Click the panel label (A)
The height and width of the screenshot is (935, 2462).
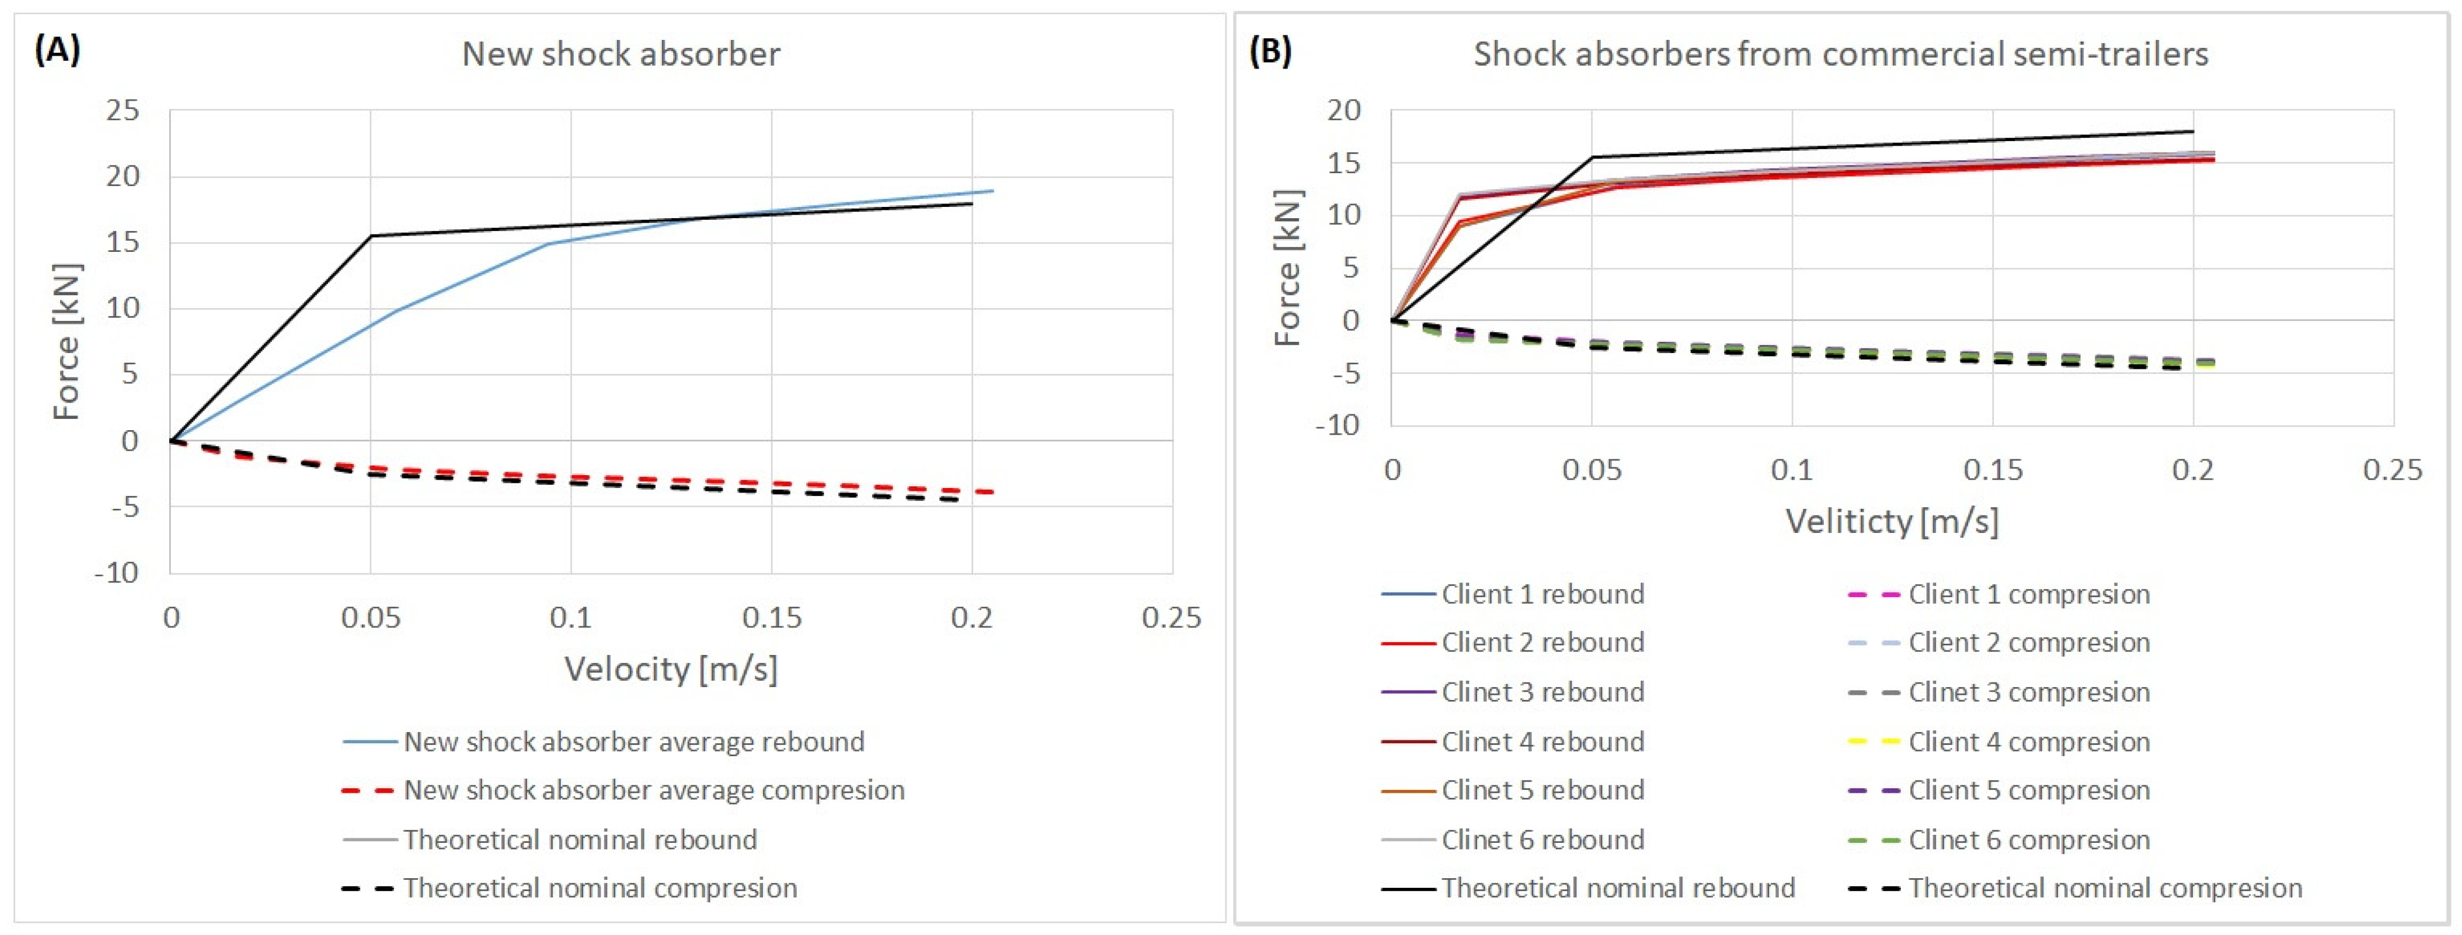[x=57, y=51]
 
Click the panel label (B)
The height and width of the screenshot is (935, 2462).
[x=1270, y=51]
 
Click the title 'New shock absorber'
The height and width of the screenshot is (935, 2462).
[x=621, y=53]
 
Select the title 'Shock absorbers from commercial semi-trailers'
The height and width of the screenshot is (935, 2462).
[x=1841, y=53]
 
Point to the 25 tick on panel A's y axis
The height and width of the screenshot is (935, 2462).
[x=123, y=111]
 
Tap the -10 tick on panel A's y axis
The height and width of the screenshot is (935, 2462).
[x=117, y=573]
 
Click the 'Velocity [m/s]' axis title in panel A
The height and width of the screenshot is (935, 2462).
[x=671, y=668]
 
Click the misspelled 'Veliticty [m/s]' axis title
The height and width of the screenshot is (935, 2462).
[x=1892, y=521]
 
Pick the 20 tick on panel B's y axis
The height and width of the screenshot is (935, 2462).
[x=1344, y=110]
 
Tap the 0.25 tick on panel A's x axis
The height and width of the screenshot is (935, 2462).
[x=1172, y=617]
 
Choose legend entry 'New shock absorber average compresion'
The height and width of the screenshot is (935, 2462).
[x=623, y=790]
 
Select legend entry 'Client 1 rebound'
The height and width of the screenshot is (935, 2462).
[x=1513, y=594]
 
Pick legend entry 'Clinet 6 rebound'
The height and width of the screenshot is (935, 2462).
[x=1513, y=839]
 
